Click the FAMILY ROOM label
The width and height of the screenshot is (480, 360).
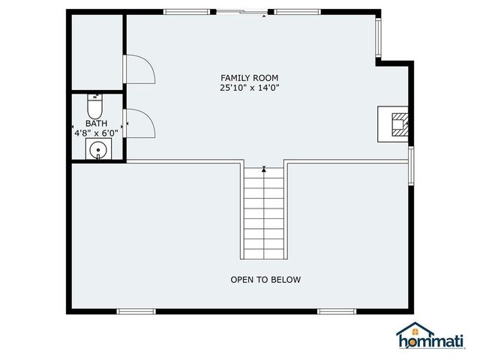pos(250,78)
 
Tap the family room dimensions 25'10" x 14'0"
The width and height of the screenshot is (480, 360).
pos(250,88)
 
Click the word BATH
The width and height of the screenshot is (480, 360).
pos(96,124)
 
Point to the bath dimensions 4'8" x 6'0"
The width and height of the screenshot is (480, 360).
pos(96,133)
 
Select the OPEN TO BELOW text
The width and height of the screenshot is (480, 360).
pos(265,280)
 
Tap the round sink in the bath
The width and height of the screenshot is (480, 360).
pos(97,150)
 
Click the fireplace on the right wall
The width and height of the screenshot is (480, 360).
pos(395,123)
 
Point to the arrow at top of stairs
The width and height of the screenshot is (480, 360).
pos(264,170)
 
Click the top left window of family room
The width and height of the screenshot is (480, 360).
pos(186,12)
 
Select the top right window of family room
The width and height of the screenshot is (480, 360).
pos(298,12)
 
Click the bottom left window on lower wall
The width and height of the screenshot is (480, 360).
pos(136,310)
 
